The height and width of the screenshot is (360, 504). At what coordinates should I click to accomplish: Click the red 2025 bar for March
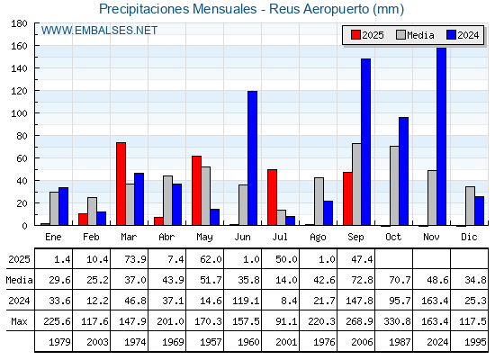[x=121, y=184]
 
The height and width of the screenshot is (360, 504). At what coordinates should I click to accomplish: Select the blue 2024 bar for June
[x=252, y=158]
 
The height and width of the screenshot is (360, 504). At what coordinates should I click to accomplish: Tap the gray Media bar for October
[x=394, y=185]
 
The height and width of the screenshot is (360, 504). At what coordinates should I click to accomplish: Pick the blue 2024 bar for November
[x=442, y=136]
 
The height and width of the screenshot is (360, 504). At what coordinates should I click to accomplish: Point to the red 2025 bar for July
[x=272, y=197]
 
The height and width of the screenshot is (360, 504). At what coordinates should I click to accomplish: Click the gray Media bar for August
[x=319, y=202]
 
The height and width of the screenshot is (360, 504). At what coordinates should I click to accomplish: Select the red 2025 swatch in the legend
[x=355, y=35]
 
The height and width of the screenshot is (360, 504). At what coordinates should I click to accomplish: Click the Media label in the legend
[x=420, y=35]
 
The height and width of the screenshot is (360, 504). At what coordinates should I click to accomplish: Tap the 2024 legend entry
[x=463, y=35]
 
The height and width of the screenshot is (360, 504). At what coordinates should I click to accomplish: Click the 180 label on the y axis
[x=19, y=23]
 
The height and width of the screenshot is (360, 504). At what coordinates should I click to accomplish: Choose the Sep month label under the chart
[x=355, y=238]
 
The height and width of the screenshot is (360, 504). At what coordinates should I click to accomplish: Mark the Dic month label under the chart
[x=469, y=237]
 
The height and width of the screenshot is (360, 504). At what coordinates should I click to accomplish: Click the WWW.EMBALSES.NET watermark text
[x=99, y=31]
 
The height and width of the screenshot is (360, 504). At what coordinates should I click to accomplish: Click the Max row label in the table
[x=19, y=321]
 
